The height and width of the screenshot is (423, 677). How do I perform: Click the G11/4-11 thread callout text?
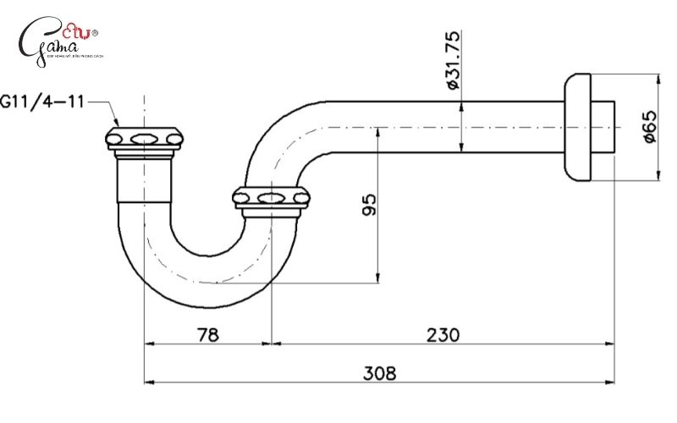[42, 102]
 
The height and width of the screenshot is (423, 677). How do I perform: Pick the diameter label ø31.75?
[452, 61]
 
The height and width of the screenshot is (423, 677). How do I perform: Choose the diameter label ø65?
[649, 127]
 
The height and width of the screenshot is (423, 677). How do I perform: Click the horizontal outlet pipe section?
[440, 128]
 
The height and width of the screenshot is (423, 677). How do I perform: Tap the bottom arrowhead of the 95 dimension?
[378, 280]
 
